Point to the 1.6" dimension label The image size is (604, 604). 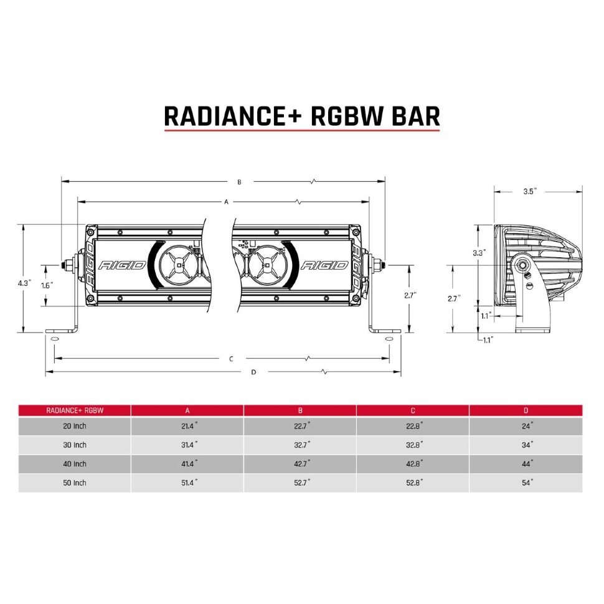tap(47, 285)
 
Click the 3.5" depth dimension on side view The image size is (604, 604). tap(530, 192)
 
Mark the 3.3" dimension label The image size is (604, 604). tap(479, 253)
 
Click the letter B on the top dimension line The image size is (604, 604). tap(239, 182)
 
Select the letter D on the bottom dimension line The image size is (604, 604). tap(253, 372)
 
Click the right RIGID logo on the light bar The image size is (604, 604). tap(324, 265)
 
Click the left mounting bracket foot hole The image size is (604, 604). tap(54, 339)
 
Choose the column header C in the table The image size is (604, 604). tap(412, 410)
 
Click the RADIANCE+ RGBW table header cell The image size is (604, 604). tap(75, 410)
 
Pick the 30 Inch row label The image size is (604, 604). tap(75, 445)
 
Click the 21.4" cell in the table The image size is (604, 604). tap(187, 427)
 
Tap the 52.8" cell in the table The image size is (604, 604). tap(412, 483)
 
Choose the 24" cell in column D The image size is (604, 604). tap(526, 427)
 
